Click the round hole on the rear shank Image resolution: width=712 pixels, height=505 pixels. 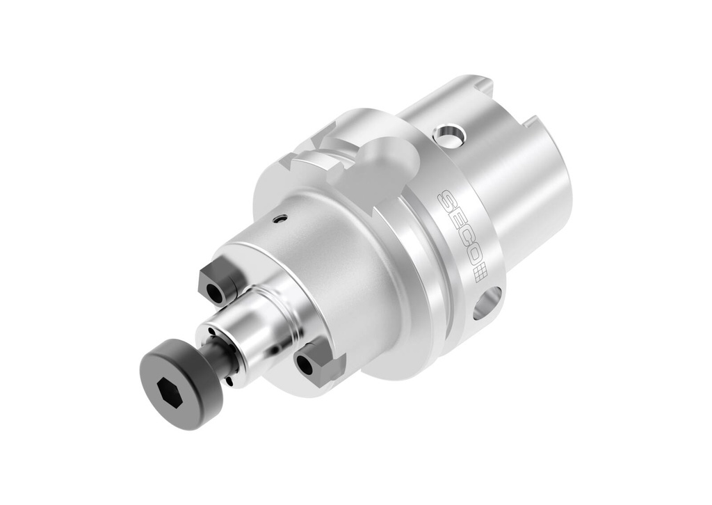[x=448, y=135]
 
